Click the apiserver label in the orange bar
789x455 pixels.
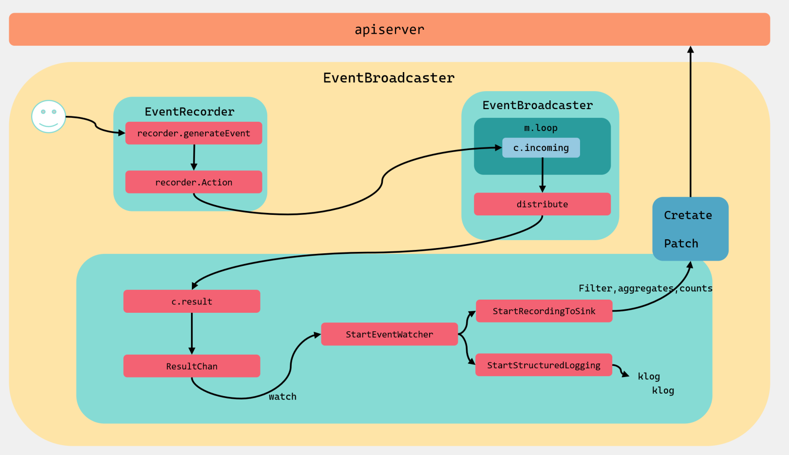coord(389,30)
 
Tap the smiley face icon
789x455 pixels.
coord(49,116)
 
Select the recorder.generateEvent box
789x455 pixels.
coord(194,133)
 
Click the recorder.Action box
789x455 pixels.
coord(194,182)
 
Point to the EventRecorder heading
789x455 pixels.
coord(189,112)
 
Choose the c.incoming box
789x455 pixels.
coord(541,148)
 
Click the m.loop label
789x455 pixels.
coord(541,128)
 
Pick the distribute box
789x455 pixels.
coord(543,204)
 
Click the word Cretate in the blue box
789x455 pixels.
coord(688,215)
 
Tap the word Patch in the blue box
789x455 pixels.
coord(681,244)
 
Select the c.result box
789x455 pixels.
coord(191,302)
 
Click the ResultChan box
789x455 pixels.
coord(191,366)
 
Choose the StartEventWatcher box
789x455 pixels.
coord(390,334)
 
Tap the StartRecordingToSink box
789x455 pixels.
coord(544,311)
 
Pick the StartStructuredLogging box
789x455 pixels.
coord(544,365)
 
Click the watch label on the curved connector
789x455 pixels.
coord(282,397)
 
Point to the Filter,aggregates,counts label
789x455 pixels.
coord(646,288)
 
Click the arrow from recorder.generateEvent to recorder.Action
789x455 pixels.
coord(194,157)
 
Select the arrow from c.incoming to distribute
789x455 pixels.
coord(543,175)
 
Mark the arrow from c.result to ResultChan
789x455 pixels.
coord(191,333)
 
